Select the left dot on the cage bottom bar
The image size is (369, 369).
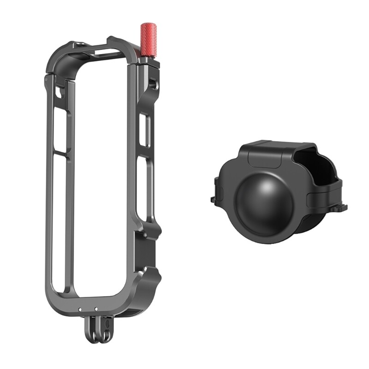(x=81, y=309)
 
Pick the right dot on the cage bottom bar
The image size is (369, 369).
(x=96, y=309)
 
